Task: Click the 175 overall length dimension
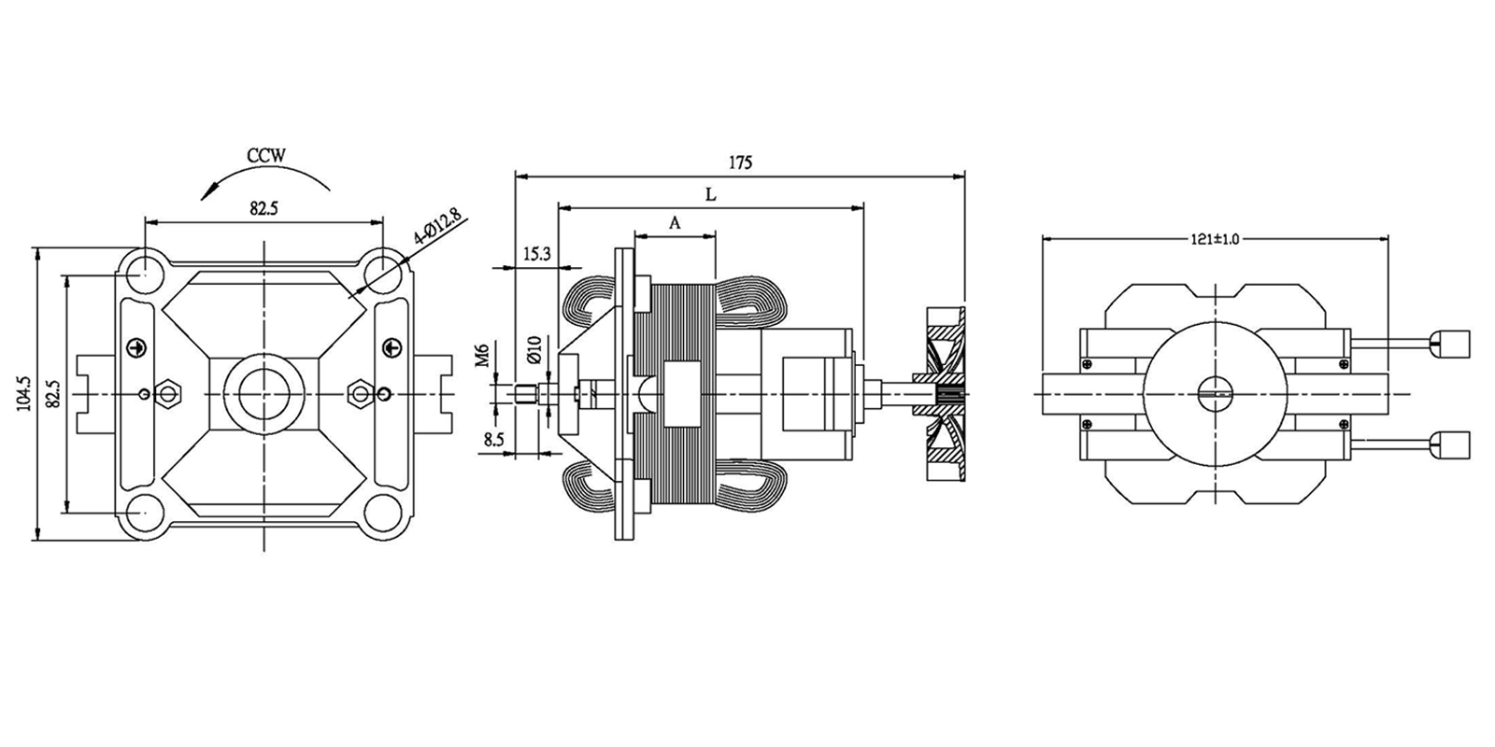[740, 162]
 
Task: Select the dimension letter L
[710, 194]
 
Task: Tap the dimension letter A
[675, 223]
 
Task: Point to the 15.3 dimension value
[537, 254]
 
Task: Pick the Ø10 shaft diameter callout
[534, 349]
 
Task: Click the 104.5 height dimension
[24, 393]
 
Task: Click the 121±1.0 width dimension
[1215, 239]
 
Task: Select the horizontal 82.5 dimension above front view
[263, 209]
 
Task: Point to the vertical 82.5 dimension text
[54, 393]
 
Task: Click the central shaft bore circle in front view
[263, 393]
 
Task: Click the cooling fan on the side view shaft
[946, 393]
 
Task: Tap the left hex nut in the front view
[168, 393]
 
